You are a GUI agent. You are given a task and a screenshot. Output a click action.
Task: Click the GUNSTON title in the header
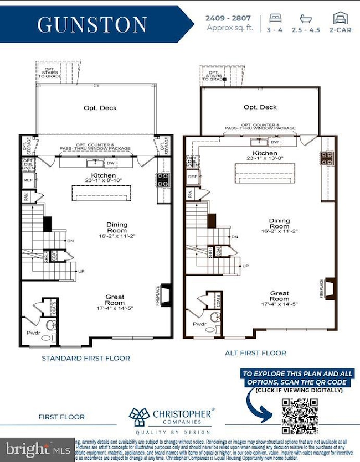click(x=92, y=24)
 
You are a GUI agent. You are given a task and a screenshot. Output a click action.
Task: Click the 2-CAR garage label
click(x=340, y=30)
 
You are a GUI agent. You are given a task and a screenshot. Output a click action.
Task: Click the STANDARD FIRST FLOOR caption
click(x=86, y=358)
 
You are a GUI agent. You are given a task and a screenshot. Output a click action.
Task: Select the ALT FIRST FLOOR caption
click(x=255, y=352)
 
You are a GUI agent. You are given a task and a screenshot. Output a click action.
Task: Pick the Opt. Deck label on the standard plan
click(x=100, y=108)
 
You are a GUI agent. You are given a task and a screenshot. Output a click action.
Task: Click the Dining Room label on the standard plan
click(x=117, y=227)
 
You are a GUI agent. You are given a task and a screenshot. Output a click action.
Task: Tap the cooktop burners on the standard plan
click(x=164, y=179)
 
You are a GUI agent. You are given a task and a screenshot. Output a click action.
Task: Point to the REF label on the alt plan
click(x=192, y=177)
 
